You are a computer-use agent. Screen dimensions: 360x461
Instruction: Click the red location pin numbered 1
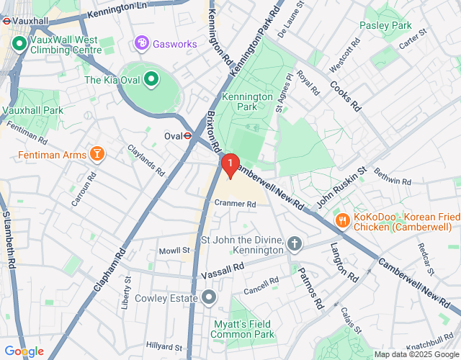click(x=230, y=166)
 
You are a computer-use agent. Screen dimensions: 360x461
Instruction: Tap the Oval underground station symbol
click(x=187, y=135)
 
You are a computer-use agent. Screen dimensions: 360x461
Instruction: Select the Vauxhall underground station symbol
click(x=6, y=21)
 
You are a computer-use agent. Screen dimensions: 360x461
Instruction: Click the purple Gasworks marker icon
click(x=142, y=44)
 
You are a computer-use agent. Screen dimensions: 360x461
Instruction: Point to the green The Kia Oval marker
click(x=151, y=79)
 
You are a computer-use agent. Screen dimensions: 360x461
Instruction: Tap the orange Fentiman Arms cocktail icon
click(x=96, y=154)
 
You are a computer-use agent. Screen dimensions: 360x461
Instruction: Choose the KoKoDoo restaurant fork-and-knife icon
click(x=343, y=220)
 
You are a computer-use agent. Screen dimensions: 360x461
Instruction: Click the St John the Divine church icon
click(x=294, y=244)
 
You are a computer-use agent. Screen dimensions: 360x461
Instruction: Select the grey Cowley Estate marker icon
click(x=209, y=297)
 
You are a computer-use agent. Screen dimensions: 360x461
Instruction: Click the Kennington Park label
click(x=247, y=102)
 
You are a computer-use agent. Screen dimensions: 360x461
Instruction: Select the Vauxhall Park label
click(x=32, y=110)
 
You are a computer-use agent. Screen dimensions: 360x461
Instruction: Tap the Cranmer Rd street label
click(x=236, y=204)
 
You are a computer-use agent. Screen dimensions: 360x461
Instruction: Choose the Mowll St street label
click(x=174, y=251)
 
